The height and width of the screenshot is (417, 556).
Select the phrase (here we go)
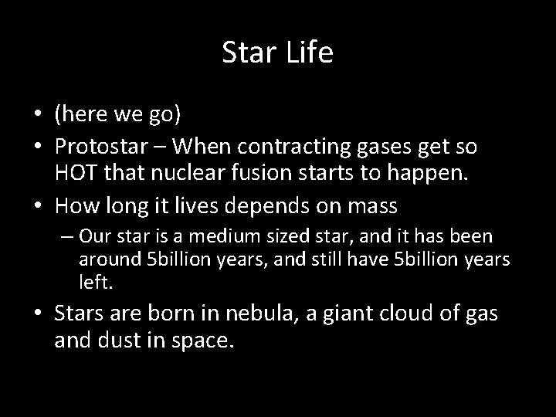(117, 116)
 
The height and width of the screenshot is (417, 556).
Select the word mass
(376, 206)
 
